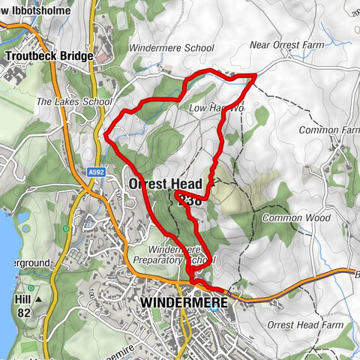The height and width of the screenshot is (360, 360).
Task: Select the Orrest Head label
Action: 166,184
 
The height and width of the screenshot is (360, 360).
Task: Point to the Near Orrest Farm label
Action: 287,46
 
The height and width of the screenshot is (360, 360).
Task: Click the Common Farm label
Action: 328,130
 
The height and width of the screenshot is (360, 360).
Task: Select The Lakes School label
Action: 73,101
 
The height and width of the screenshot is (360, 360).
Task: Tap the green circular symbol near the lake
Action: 67,228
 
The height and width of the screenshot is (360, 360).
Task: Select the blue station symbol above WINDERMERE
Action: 194,286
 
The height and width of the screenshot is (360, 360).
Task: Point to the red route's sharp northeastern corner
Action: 256,75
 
